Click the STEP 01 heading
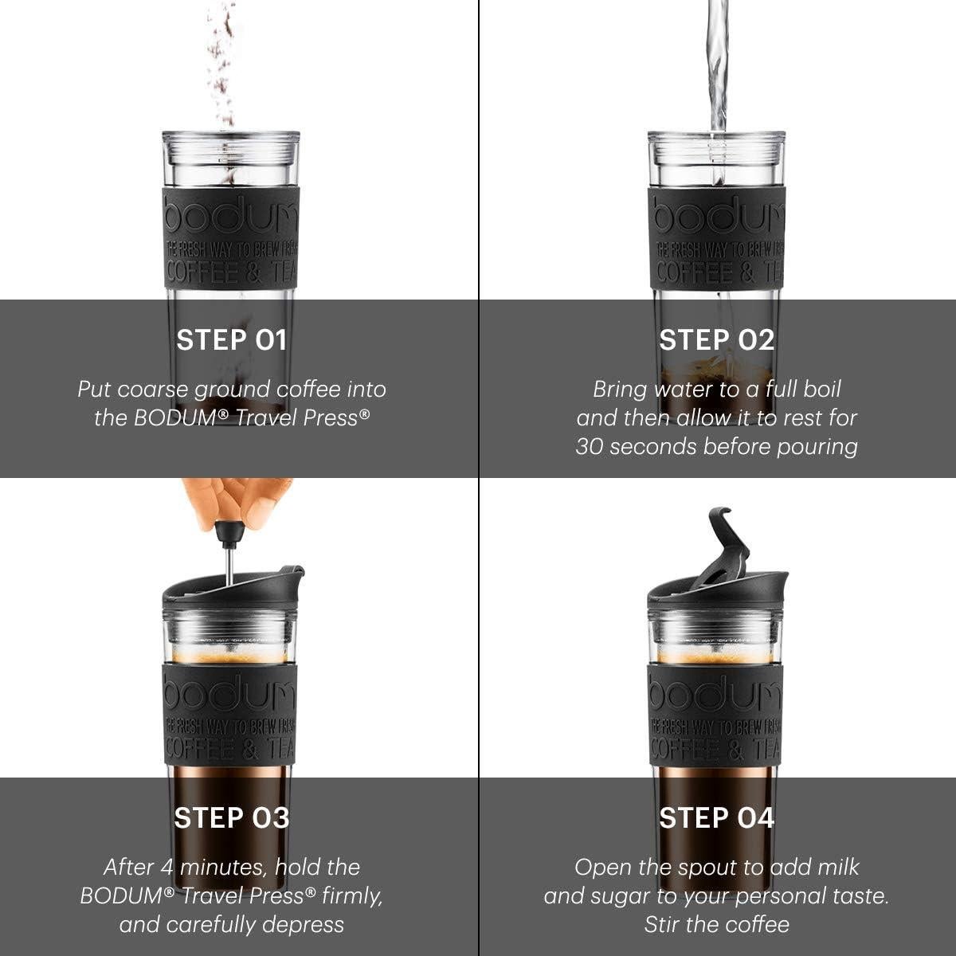pos(231,340)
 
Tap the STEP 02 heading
pos(716,340)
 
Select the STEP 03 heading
pos(231,818)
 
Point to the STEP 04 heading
pos(716,818)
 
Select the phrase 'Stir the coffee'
pos(716,924)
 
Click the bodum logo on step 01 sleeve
pos(231,214)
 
